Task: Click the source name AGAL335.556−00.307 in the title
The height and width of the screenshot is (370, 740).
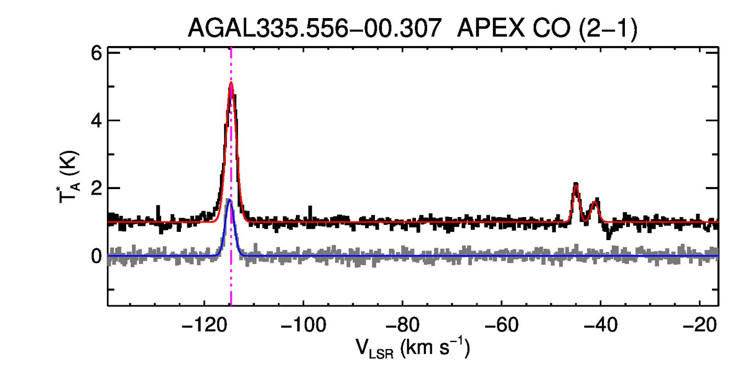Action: [315, 29]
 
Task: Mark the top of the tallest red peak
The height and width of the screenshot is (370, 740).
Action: [231, 83]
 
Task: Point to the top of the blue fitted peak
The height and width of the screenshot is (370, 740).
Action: [230, 200]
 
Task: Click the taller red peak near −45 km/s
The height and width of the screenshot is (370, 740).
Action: [576, 185]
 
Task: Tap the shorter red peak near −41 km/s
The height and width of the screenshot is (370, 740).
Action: [595, 202]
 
